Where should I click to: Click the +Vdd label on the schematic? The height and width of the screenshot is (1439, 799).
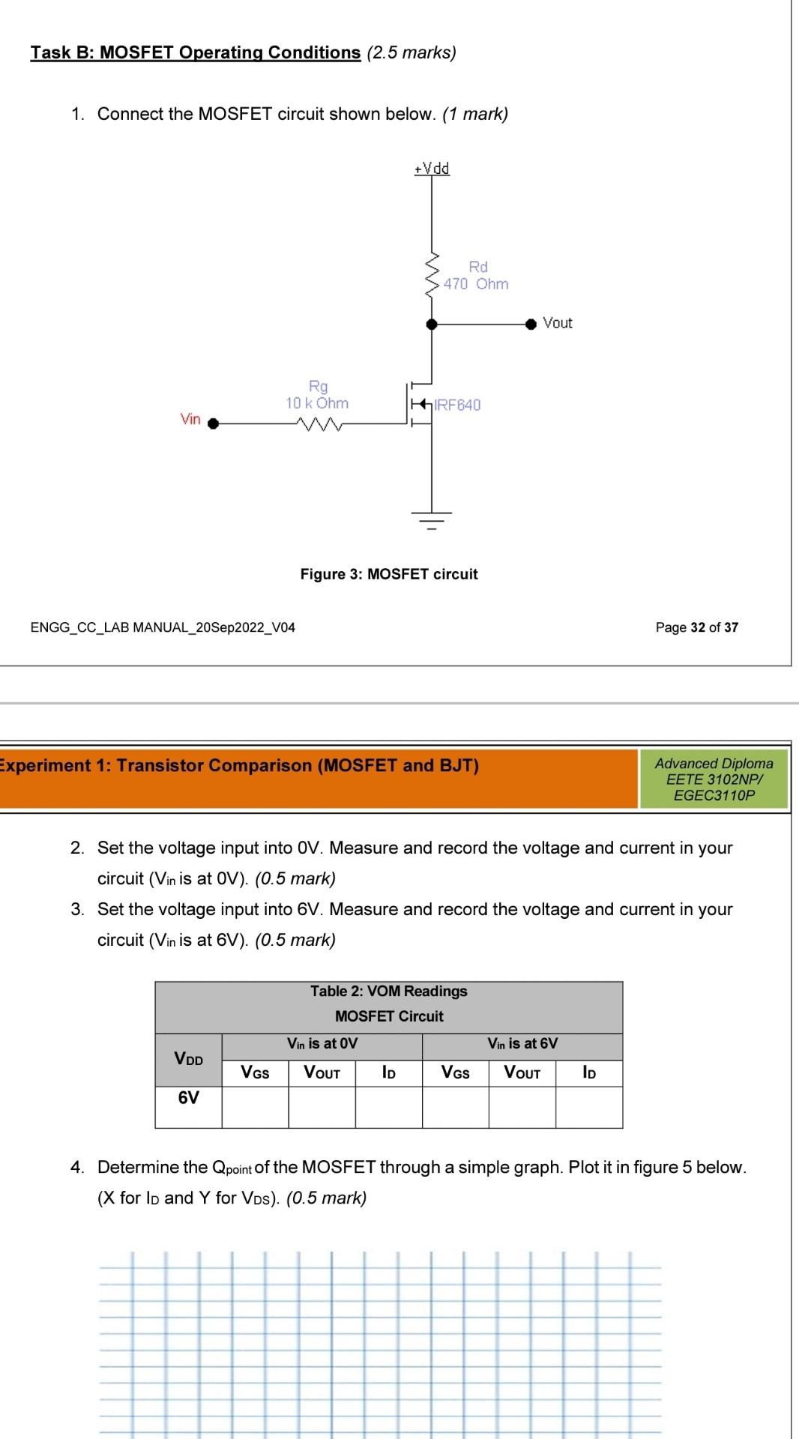[x=432, y=168]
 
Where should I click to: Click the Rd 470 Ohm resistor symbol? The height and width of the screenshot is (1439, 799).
[x=432, y=276]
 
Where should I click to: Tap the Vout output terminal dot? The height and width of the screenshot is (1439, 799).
[x=531, y=323]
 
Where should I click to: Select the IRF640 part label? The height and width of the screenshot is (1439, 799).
[x=458, y=405]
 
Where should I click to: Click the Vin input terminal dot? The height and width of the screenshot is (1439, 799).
[x=213, y=423]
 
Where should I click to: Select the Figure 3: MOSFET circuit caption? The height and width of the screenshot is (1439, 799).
[x=388, y=574]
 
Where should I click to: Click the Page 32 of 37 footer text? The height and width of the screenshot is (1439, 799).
[x=696, y=627]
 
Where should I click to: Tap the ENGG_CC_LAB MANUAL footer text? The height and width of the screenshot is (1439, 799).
[x=163, y=627]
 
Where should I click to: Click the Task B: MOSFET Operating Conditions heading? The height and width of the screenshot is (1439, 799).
[x=196, y=52]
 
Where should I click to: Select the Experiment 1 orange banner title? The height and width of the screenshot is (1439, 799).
[x=240, y=765]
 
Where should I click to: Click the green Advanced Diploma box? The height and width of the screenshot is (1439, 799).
[x=714, y=779]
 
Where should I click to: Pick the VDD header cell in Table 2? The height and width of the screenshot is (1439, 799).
[x=188, y=1059]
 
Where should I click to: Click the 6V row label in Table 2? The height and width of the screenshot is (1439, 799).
[x=188, y=1098]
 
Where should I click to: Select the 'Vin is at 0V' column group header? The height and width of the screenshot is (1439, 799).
[x=322, y=1043]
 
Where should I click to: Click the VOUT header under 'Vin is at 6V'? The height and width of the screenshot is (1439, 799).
[x=522, y=1073]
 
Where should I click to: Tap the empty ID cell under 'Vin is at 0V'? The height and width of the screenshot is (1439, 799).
[x=388, y=1106]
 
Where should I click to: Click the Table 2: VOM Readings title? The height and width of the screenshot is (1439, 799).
[x=388, y=991]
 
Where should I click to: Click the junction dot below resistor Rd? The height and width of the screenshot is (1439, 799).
[x=432, y=323]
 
